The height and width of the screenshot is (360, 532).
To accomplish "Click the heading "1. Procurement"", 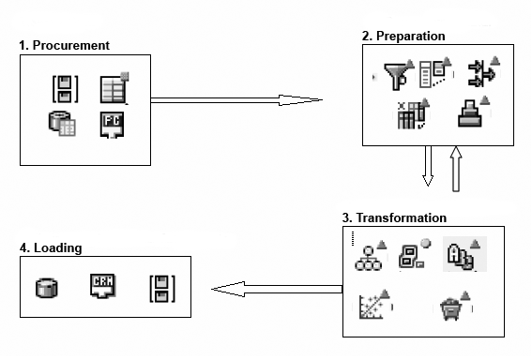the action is pos(64,45).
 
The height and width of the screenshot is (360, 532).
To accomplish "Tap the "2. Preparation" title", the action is pos(403,36).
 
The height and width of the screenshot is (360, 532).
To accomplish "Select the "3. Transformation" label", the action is pos(394,217).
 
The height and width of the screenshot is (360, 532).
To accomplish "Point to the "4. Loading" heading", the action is pos(51,247).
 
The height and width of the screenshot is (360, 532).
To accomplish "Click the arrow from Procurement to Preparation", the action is pos(236,100).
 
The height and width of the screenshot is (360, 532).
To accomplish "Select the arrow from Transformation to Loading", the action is pos(277,289).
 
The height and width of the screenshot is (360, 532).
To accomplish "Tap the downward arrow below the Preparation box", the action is pos(428,166).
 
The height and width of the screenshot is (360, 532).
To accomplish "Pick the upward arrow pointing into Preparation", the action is pos(456,169).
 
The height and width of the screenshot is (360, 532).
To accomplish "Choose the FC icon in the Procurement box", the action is pos(112,125).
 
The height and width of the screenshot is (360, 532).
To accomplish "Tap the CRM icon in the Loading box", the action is pos(103,286).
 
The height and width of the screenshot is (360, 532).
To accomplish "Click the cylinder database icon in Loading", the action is pos(47,288).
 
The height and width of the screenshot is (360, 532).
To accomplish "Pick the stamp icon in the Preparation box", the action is pos(473,112).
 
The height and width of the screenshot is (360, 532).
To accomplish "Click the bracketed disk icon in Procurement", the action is pos(65,89).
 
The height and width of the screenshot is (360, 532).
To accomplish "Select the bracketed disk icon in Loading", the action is pos(162,289).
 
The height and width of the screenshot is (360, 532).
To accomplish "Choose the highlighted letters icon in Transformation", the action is pos(464,254).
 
